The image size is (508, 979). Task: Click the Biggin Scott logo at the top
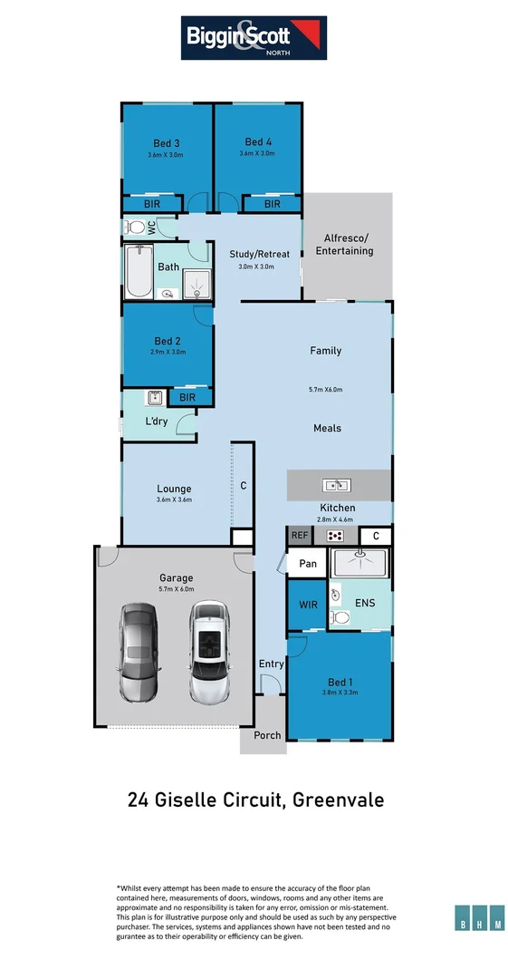254,37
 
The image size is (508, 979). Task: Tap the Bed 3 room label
166,142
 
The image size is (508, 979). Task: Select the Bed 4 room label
258,141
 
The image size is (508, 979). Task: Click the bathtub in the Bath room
139,271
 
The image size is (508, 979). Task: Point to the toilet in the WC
135,227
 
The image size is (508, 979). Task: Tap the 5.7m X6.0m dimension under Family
325,390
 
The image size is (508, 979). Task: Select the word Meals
327,428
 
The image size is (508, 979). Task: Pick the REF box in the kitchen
300,537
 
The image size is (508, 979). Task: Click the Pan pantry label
307,564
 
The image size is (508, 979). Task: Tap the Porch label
266,735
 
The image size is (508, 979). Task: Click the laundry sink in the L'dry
155,397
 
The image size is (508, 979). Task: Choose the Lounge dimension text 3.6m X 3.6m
174,499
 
